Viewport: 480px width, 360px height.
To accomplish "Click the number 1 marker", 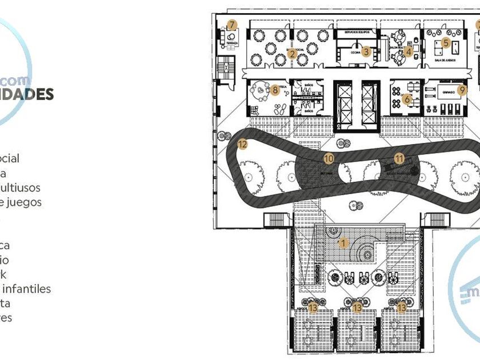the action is pos(343,242).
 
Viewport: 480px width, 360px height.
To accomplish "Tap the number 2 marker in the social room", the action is pos(292,54).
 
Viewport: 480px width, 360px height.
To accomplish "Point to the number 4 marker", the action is pos(408,51).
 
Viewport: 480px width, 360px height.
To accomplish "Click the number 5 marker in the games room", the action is pos(446,42).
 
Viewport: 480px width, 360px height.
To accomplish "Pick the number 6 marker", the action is pos(407,99).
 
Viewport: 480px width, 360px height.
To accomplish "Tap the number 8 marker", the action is pos(275,90).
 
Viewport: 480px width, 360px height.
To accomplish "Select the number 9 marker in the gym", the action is pos(462,89).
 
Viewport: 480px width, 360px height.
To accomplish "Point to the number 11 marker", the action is pos(399,158).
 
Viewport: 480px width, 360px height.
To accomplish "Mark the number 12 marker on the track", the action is pos(242,145).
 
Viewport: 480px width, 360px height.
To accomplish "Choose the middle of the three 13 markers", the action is pos(358,308).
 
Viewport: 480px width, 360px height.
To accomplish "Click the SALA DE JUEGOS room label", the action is pos(444,60).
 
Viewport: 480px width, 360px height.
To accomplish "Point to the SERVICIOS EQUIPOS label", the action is pos(357,33).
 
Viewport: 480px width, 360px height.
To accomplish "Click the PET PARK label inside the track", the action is pos(327,171).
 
